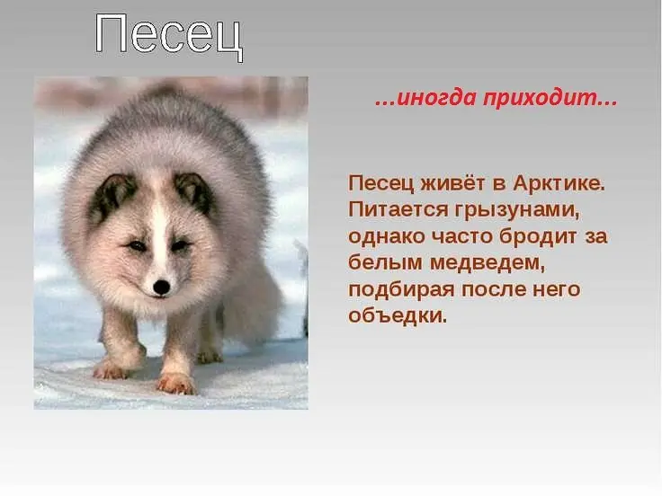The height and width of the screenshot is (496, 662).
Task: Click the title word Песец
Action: tap(169, 36)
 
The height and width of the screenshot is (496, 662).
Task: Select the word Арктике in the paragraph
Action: tap(559, 184)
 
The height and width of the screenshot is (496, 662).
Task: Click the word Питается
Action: tap(398, 209)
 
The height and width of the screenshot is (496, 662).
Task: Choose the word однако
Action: tap(387, 236)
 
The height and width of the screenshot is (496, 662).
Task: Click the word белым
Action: tap(386, 262)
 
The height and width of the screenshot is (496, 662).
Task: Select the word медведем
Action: tap(488, 263)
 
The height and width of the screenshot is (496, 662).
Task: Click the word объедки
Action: tap(398, 315)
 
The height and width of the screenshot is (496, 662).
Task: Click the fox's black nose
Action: tap(161, 287)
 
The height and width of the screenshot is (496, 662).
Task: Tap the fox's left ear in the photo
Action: tap(112, 195)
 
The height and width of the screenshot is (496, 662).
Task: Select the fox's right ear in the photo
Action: tap(194, 192)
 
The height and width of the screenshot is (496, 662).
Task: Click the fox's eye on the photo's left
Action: tap(137, 245)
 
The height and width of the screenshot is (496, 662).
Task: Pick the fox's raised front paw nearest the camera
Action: tap(176, 383)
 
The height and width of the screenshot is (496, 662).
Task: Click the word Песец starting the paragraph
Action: tap(380, 184)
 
